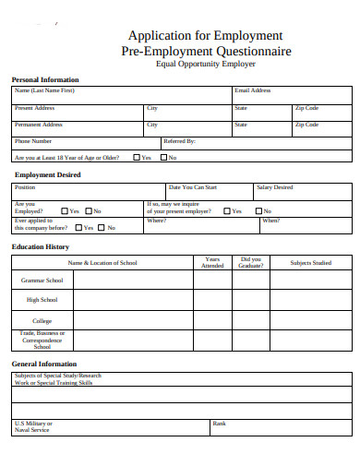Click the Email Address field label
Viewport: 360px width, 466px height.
[253, 91]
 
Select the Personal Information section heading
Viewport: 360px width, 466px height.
[45, 79]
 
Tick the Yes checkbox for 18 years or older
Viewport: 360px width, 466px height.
[137, 157]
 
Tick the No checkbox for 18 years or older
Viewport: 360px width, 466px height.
[162, 157]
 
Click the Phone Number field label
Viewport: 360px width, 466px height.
[33, 141]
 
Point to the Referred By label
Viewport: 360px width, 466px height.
[179, 141]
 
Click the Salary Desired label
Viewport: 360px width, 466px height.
[275, 187]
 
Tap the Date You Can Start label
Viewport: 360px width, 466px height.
[193, 187]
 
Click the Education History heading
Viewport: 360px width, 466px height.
[41, 247]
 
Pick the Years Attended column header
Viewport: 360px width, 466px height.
[212, 262]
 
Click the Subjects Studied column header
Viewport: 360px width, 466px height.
[310, 263]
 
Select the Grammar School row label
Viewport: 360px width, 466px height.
[42, 279]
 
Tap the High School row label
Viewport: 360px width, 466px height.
[42, 300]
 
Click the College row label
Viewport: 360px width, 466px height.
[42, 321]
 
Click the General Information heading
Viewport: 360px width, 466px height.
[44, 364]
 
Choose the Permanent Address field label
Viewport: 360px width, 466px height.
[39, 125]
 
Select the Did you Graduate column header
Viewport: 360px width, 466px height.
[251, 262]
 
